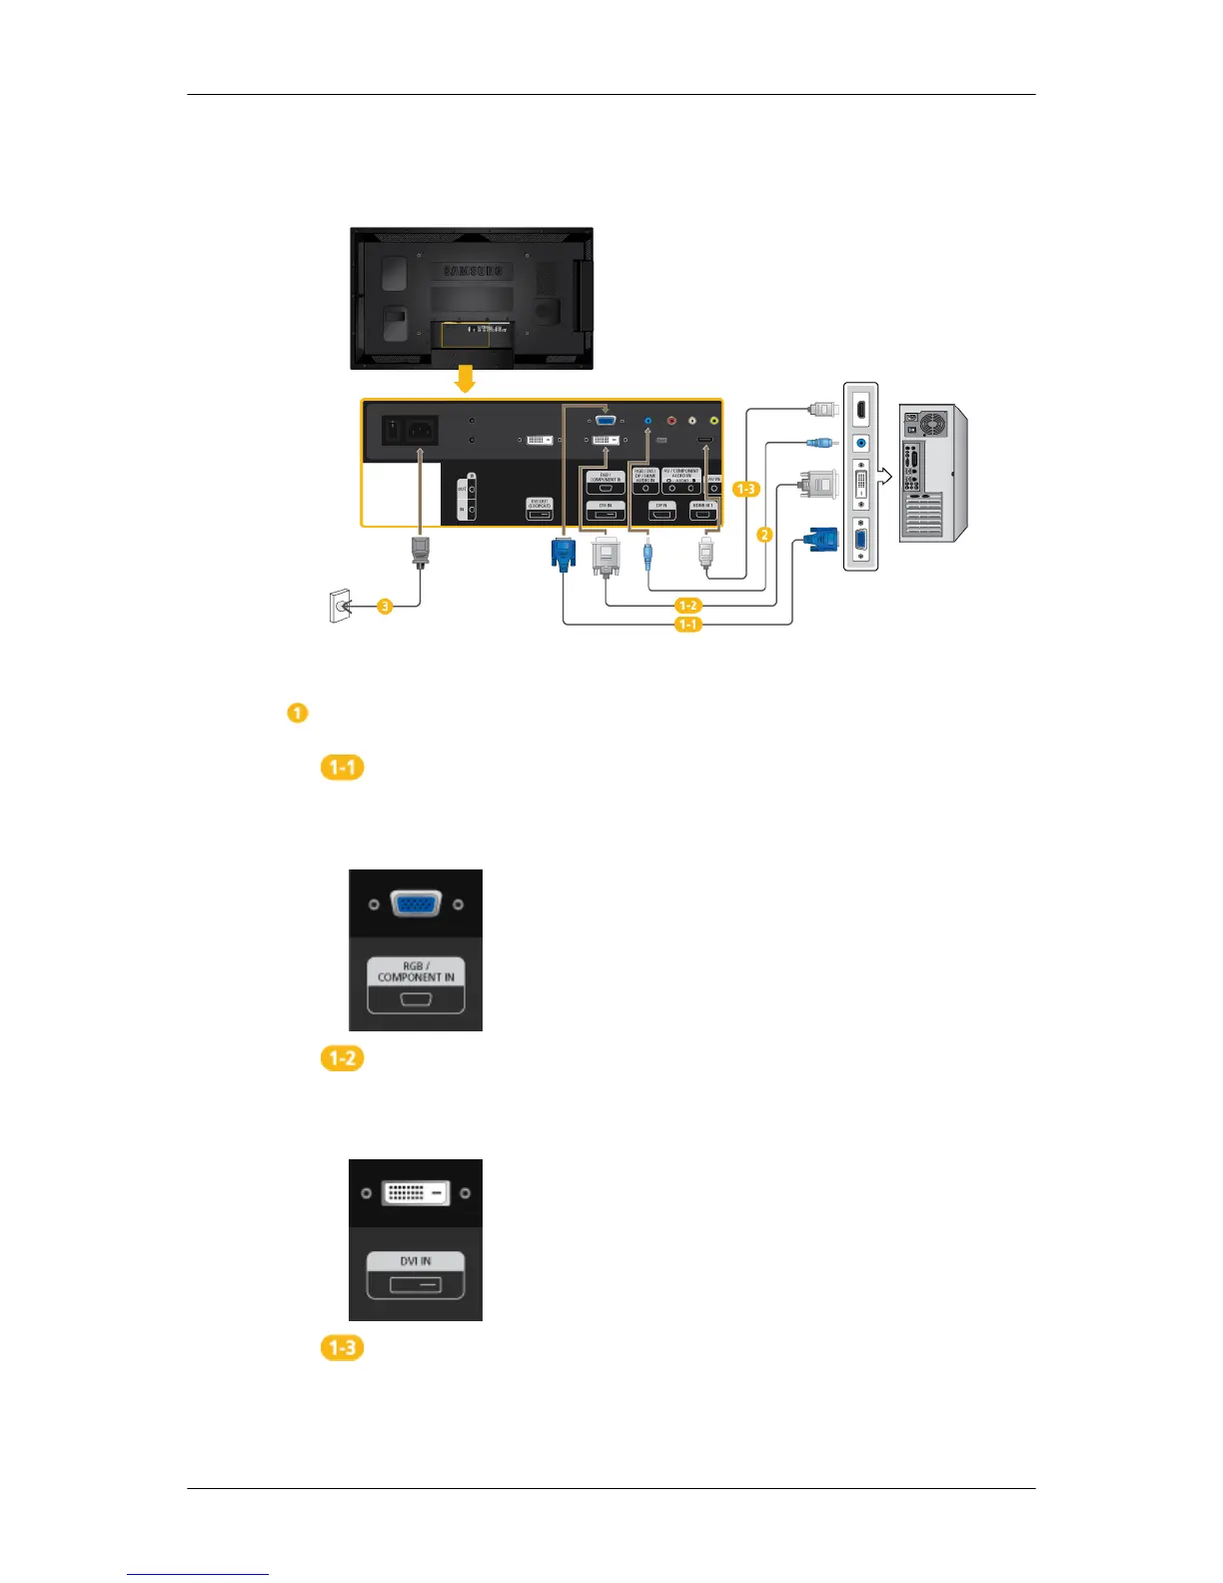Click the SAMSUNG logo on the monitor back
pyautogui.click(x=472, y=272)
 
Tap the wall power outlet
pyautogui.click(x=341, y=606)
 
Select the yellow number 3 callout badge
pyautogui.click(x=385, y=606)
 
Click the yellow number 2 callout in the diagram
pyautogui.click(x=764, y=535)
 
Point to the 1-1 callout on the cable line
pyautogui.click(x=688, y=625)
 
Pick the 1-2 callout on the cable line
pyautogui.click(x=688, y=606)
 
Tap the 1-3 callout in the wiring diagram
pyautogui.click(x=745, y=489)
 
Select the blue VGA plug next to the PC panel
pyautogui.click(x=819, y=540)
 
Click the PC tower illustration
pyautogui.click(x=932, y=473)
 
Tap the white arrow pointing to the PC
pyautogui.click(x=884, y=478)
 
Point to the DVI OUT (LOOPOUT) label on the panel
pyautogui.click(x=540, y=503)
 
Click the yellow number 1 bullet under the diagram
pyautogui.click(x=297, y=714)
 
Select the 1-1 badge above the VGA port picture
pyautogui.click(x=342, y=768)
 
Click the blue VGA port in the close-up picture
pyautogui.click(x=416, y=903)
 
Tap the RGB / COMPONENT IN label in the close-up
pyautogui.click(x=416, y=971)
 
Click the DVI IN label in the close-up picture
pyautogui.click(x=416, y=1261)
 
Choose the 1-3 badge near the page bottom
pyautogui.click(x=342, y=1348)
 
